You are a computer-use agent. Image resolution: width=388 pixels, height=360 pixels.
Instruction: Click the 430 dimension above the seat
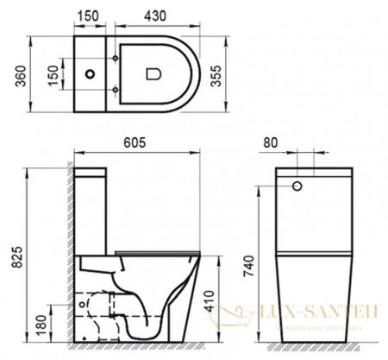(155, 16)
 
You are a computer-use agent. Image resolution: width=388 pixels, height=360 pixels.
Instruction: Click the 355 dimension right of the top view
(226, 79)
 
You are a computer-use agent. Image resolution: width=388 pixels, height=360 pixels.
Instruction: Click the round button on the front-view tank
(298, 185)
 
